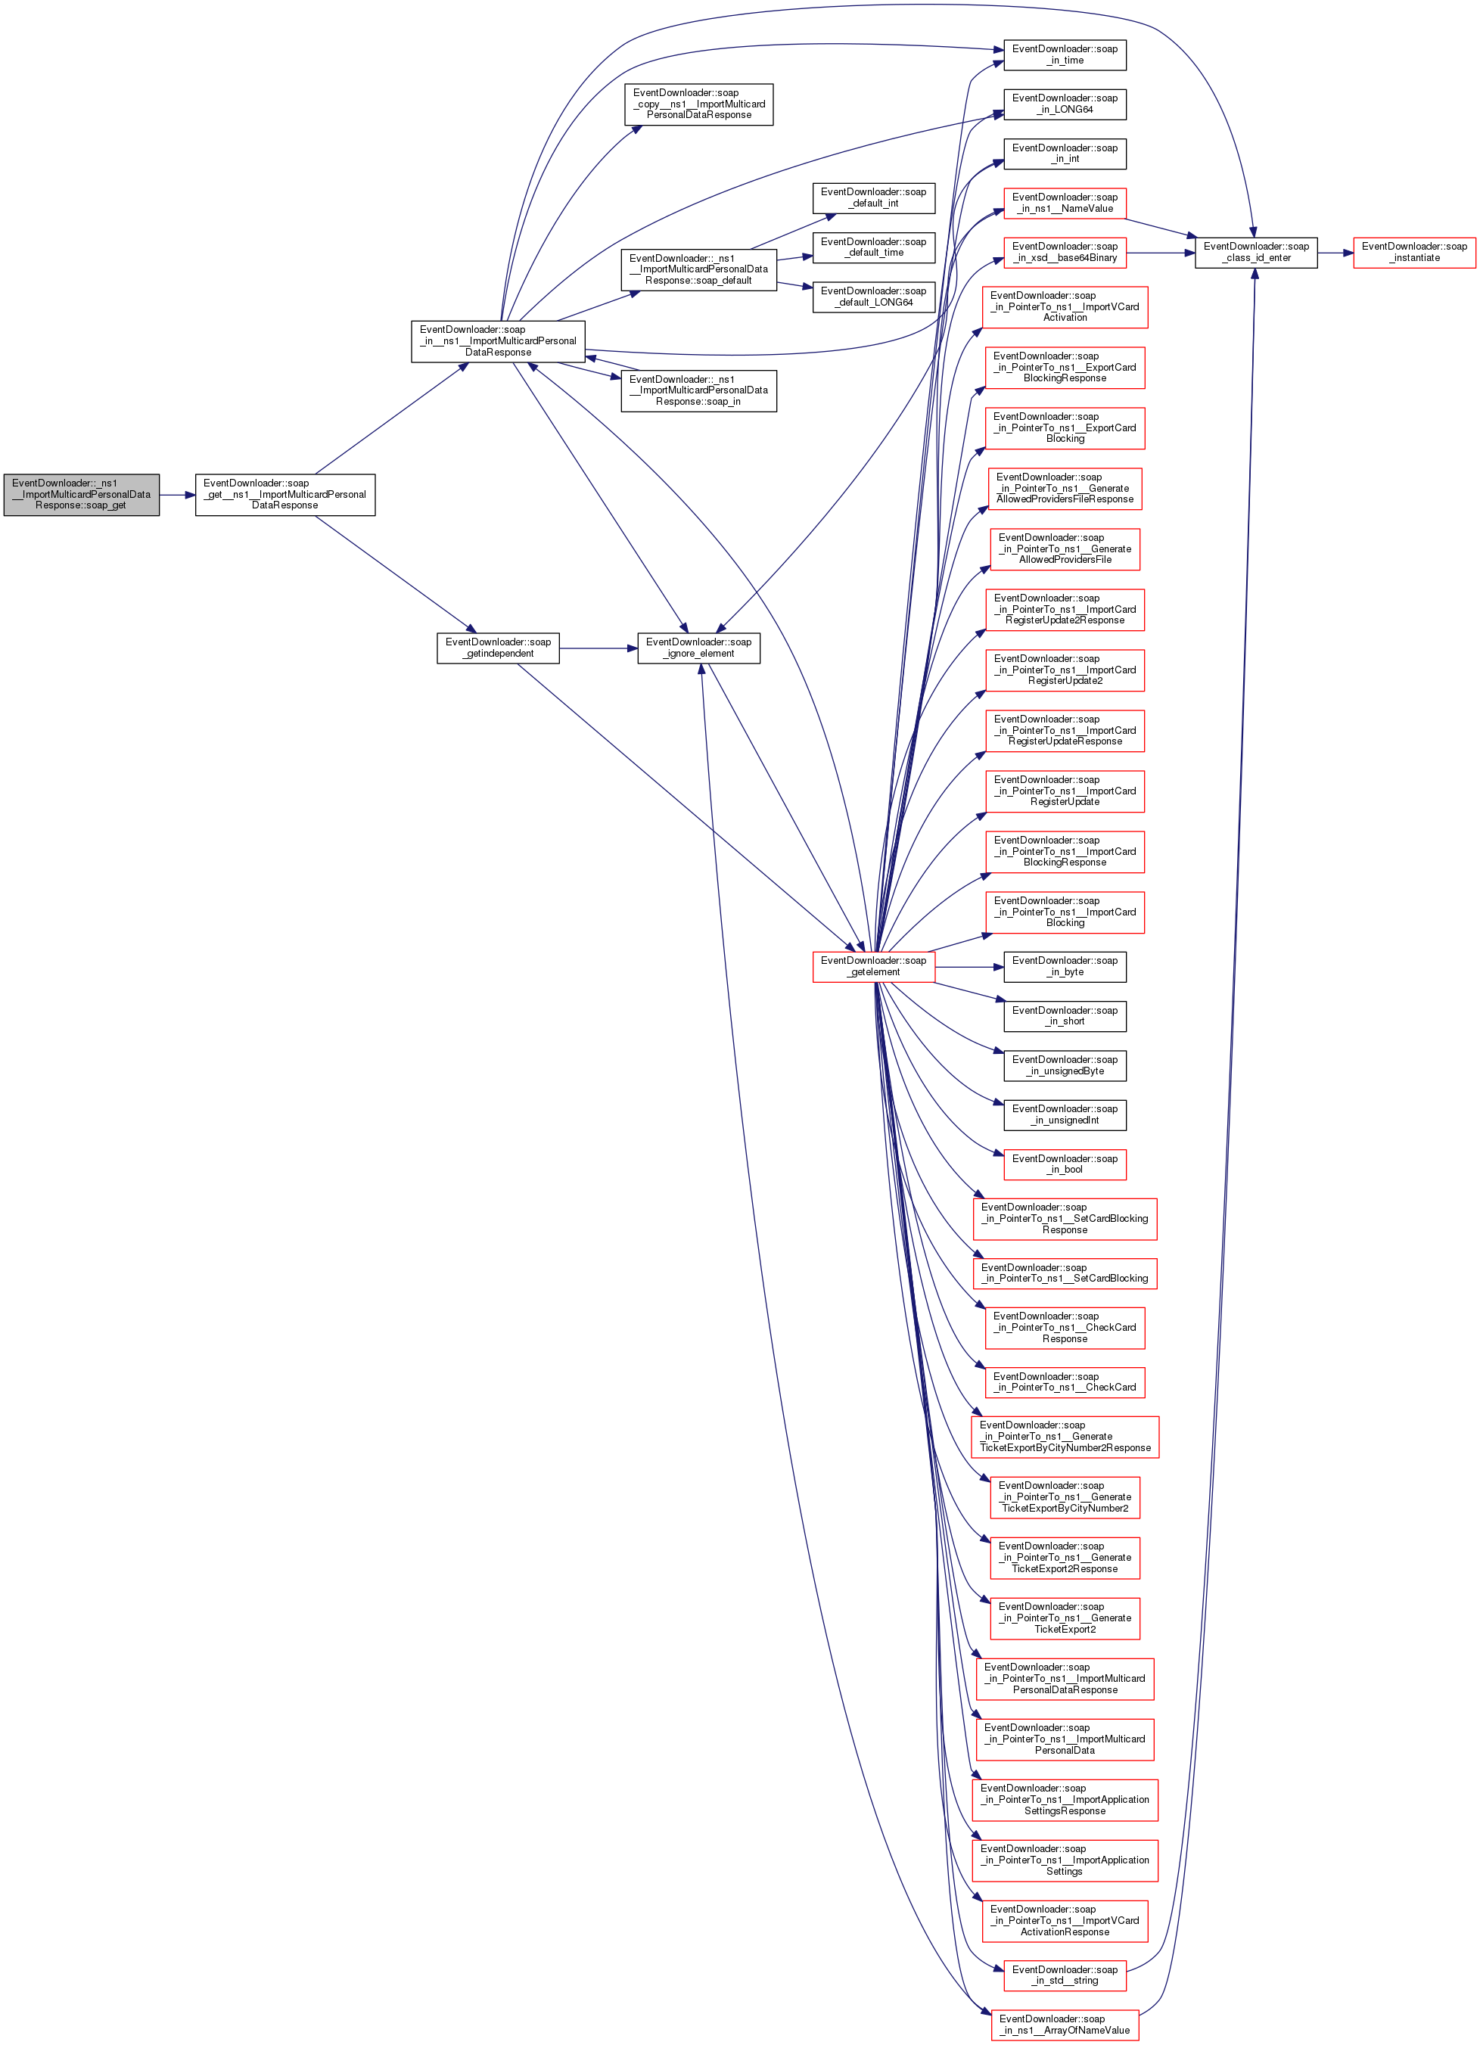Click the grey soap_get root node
click(x=81, y=494)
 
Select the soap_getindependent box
click(x=498, y=648)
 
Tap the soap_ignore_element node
click(x=698, y=648)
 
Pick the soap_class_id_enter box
click(x=1255, y=252)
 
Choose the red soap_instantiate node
click(x=1413, y=252)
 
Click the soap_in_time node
click(x=1065, y=55)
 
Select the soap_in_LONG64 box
click(x=1065, y=104)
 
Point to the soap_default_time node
click(x=873, y=247)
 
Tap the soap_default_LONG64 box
click(x=873, y=297)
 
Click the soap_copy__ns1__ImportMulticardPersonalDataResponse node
click(x=698, y=104)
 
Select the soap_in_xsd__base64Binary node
click(x=1065, y=252)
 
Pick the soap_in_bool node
click(x=1065, y=1164)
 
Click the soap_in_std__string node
click(x=1065, y=1975)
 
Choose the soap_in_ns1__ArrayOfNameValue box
click(x=1065, y=2025)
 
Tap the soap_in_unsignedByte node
click(x=1065, y=1065)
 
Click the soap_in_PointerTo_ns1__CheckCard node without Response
click(x=1065, y=1381)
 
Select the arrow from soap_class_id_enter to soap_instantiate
click(x=1335, y=253)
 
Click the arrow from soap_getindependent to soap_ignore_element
click(x=598, y=648)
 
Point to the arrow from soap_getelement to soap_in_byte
click(x=969, y=967)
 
